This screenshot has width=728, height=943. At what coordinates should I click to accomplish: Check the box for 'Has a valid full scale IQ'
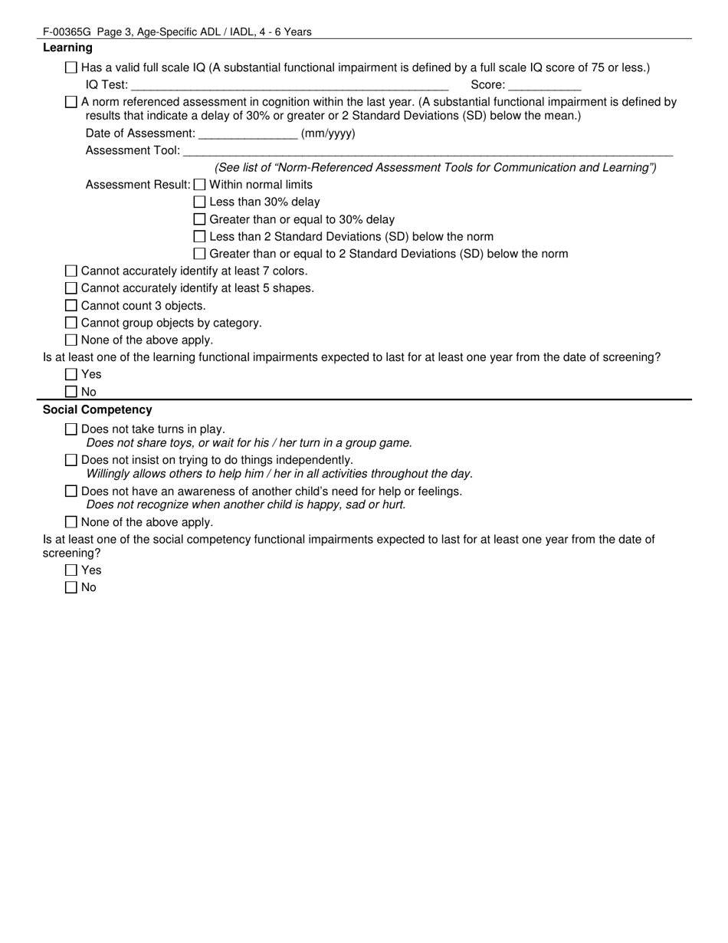pyautogui.click(x=71, y=67)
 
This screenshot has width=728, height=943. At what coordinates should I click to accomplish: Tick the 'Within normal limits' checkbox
pyautogui.click(x=200, y=185)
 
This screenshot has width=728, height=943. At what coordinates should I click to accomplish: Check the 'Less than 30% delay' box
pyautogui.click(x=200, y=202)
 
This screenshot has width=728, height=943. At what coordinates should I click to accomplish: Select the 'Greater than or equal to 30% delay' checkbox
pyautogui.click(x=200, y=219)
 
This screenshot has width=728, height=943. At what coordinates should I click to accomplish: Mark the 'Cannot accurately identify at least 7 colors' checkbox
pyautogui.click(x=71, y=271)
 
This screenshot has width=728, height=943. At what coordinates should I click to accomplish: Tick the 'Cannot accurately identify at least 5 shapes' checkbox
pyautogui.click(x=71, y=288)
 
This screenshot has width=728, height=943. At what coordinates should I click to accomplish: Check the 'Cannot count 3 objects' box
pyautogui.click(x=71, y=306)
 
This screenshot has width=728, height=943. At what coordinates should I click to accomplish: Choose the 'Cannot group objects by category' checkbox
pyautogui.click(x=71, y=323)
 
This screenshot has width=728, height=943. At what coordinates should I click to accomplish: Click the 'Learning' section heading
pyautogui.click(x=67, y=48)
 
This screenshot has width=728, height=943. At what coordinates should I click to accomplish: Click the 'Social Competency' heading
pyautogui.click(x=97, y=409)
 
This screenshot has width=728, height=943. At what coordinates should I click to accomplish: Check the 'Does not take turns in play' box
pyautogui.click(x=71, y=429)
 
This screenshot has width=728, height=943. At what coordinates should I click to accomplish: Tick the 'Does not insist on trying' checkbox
pyautogui.click(x=71, y=460)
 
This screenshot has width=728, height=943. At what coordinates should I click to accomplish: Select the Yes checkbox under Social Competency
pyautogui.click(x=71, y=570)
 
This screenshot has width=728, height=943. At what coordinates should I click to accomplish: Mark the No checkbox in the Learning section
pyautogui.click(x=71, y=392)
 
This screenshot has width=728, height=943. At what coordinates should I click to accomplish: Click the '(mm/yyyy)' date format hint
pyautogui.click(x=328, y=133)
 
